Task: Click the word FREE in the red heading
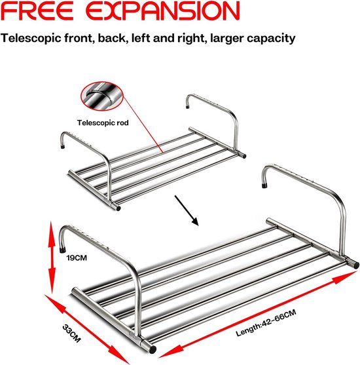[37, 10]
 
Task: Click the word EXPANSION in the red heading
[163, 10]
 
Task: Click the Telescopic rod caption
[103, 123]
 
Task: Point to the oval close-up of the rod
[102, 96]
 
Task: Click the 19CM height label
[77, 258]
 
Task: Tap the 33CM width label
[71, 334]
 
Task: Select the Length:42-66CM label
[266, 322]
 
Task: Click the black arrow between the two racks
[187, 210]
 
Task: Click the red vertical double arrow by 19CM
[52, 257]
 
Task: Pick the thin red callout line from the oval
[142, 125]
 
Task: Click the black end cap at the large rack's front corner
[153, 349]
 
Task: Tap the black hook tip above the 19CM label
[62, 250]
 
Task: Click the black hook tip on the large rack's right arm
[264, 185]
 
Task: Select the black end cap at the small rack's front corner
[118, 208]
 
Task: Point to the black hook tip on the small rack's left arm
[63, 147]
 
